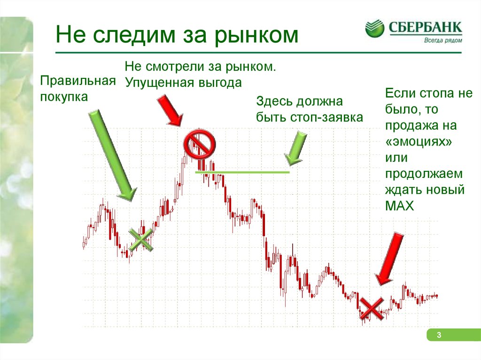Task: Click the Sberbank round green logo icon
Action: click(x=374, y=29)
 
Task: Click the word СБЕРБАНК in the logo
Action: click(x=425, y=27)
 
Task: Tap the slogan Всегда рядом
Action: click(x=442, y=40)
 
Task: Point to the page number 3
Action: click(x=439, y=335)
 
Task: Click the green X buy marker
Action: click(x=140, y=240)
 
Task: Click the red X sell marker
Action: click(x=372, y=309)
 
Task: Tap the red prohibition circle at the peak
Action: click(x=199, y=144)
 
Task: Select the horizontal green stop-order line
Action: click(x=242, y=172)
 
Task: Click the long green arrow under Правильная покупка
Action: click(x=112, y=155)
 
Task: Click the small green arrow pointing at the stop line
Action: click(x=295, y=148)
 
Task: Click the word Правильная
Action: click(x=78, y=81)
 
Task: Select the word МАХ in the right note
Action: click(x=399, y=206)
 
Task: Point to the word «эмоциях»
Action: click(x=419, y=142)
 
